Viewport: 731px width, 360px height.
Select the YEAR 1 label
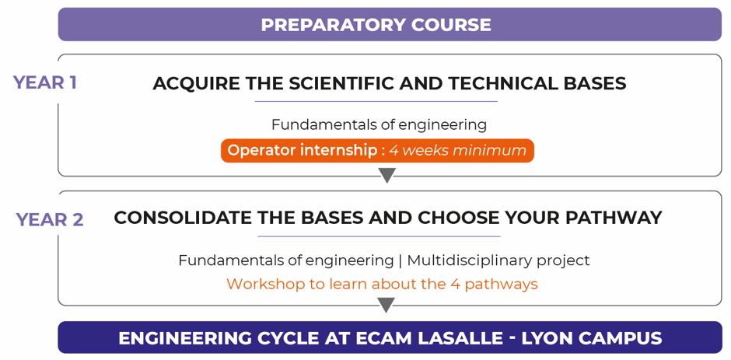pyautogui.click(x=45, y=82)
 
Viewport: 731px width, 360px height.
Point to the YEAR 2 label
pyautogui.click(x=50, y=219)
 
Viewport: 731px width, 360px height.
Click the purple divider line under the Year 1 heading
pyautogui.click(x=376, y=101)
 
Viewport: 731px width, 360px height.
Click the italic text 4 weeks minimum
pyautogui.click(x=458, y=151)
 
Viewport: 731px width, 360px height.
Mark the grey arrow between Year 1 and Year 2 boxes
pyautogui.click(x=387, y=176)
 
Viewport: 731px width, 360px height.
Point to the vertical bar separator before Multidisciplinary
pyautogui.click(x=400, y=260)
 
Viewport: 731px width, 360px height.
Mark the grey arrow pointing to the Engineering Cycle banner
pyautogui.click(x=387, y=305)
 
